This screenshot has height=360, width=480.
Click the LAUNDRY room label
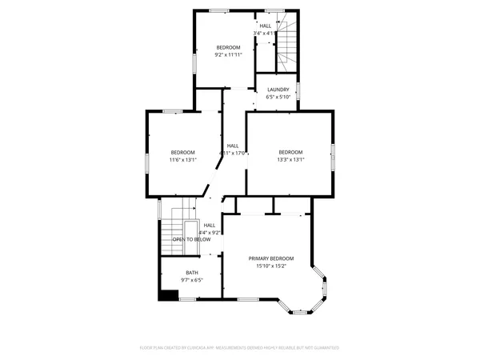278,90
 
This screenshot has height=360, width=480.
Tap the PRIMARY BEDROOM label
271,258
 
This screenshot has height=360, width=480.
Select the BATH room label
170,273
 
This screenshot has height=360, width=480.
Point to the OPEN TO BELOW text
191,239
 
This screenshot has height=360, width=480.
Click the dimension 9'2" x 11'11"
228,55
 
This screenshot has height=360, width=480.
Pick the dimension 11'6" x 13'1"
182,160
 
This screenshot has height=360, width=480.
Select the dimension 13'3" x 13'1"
290,160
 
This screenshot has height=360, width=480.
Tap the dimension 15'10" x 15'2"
271,266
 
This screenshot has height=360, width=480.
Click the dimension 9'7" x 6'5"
170,280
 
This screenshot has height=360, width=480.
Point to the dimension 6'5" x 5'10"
278,97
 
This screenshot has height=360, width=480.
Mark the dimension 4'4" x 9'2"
210,233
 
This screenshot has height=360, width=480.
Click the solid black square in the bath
168,294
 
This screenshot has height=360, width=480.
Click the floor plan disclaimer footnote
240,349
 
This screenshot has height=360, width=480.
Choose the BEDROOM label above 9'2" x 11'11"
228,48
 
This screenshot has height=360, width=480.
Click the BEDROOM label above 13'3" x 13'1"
290,153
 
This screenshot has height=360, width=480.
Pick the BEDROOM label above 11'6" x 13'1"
182,153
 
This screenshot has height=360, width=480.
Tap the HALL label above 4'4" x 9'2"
210,226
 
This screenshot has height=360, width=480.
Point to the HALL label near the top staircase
266,26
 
